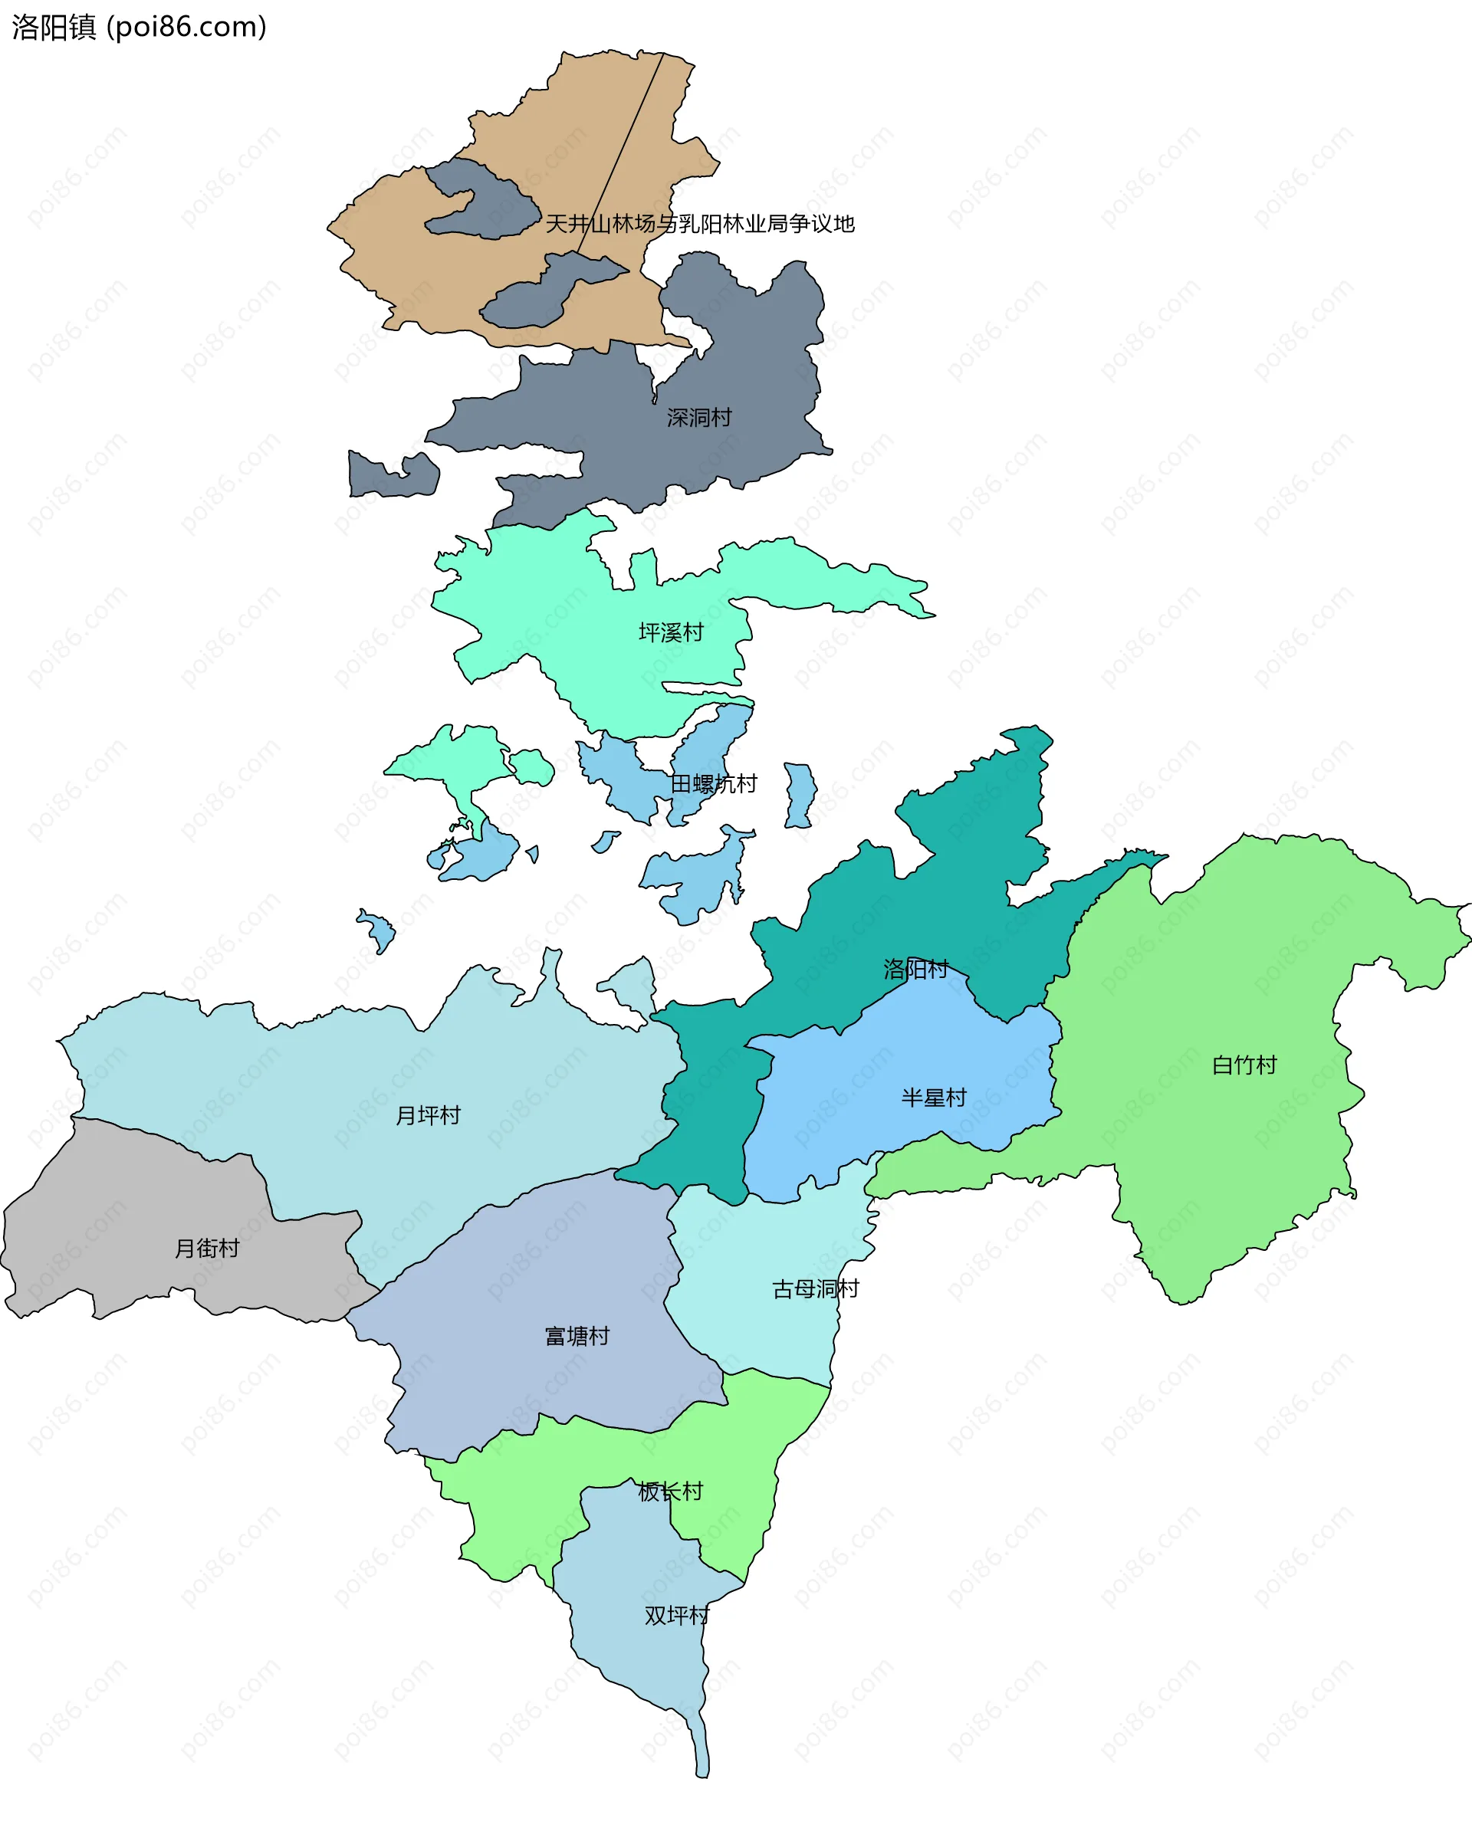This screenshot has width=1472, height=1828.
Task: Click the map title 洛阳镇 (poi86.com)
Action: pyautogui.click(x=139, y=27)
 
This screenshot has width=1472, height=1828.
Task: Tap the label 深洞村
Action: pyautogui.click(x=698, y=417)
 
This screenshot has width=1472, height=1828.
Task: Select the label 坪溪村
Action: pyautogui.click(x=671, y=632)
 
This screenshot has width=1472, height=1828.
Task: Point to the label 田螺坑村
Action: pyautogui.click(x=713, y=783)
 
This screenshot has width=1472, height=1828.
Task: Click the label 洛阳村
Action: pyautogui.click(x=915, y=968)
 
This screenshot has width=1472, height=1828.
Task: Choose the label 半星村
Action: pyautogui.click(x=934, y=1098)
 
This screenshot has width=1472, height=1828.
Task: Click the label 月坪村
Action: pyautogui.click(x=429, y=1115)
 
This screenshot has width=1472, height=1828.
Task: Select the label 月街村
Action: pyautogui.click(x=207, y=1248)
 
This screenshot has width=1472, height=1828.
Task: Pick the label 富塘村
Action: pyautogui.click(x=577, y=1336)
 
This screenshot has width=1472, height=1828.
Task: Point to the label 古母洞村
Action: pyautogui.click(x=815, y=1288)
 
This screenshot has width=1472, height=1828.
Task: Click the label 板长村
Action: pyautogui.click(x=670, y=1492)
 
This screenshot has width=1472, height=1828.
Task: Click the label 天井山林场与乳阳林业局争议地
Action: pyautogui.click(x=699, y=224)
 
